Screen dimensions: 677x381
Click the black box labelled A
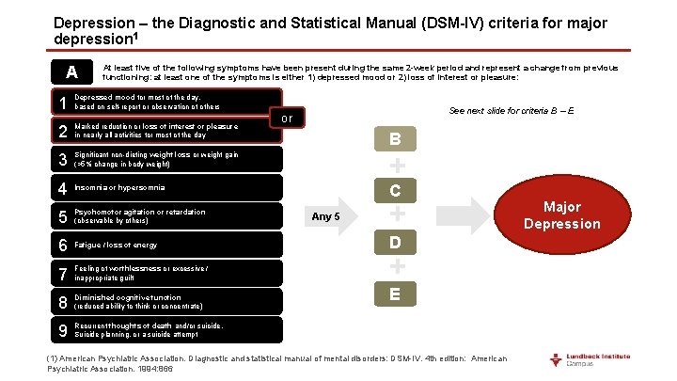71,72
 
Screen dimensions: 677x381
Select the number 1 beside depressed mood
61,103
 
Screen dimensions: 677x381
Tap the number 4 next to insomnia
61,187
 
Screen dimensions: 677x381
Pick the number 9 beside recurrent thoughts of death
61,329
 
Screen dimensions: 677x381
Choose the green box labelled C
396,191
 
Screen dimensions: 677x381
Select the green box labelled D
396,244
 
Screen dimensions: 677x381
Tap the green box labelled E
396,294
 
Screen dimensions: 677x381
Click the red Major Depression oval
562,214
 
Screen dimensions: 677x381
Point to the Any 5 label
325,216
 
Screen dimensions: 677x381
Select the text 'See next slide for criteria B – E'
512,111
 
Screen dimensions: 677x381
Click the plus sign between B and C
397,166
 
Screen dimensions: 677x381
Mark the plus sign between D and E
397,269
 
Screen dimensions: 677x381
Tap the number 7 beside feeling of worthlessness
61,273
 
